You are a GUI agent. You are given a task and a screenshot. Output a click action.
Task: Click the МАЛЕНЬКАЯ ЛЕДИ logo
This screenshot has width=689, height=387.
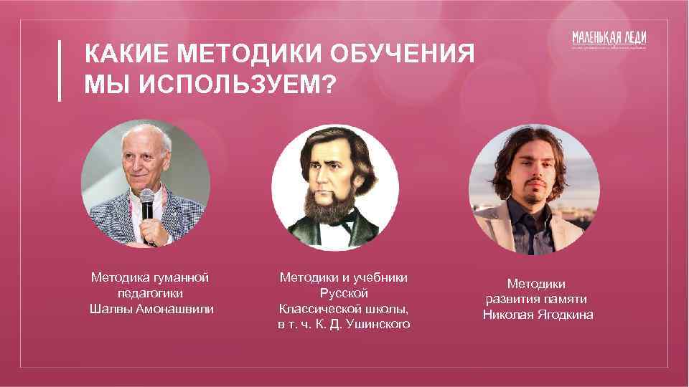coord(609,40)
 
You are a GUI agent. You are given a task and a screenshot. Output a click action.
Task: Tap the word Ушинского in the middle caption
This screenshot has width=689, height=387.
coord(378,324)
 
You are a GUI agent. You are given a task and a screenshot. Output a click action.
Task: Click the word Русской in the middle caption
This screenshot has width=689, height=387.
coord(344,292)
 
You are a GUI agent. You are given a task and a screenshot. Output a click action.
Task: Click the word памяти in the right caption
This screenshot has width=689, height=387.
coord(565,299)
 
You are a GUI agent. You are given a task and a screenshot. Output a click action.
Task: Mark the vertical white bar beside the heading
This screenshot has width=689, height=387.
coord(60,70)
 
